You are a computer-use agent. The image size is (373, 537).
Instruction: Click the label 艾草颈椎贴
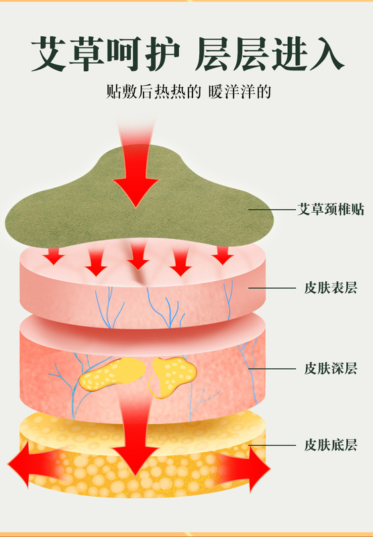click(331, 209)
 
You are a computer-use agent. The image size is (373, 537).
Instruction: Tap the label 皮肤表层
click(331, 288)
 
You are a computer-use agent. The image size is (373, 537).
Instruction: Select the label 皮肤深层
click(331, 369)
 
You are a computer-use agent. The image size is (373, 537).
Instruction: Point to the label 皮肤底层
click(331, 445)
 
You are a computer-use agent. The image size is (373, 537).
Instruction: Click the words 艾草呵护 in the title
click(105, 54)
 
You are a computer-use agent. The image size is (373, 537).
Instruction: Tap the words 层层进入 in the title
click(270, 54)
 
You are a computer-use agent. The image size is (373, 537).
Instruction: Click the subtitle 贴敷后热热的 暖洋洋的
click(189, 91)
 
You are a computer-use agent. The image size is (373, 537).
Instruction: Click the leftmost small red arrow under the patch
click(54, 256)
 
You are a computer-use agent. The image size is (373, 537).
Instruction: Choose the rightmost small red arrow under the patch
click(223, 256)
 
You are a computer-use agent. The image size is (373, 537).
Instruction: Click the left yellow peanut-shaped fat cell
click(112, 374)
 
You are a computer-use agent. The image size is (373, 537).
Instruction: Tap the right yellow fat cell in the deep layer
click(173, 376)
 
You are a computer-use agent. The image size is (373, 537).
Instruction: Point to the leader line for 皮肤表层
click(272, 288)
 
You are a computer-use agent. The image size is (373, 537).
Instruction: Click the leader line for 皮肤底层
click(272, 445)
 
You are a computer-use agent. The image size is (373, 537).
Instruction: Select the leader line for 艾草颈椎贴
click(272, 209)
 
